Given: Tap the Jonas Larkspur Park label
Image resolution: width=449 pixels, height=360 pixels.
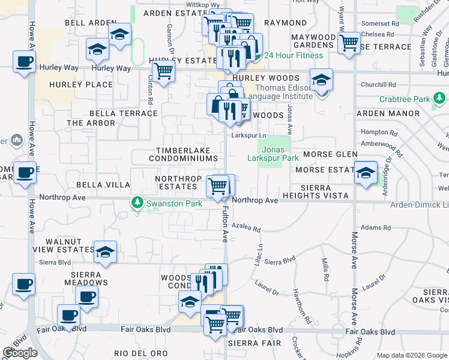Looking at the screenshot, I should coord(273,154).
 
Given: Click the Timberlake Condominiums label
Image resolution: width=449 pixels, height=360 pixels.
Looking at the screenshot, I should coord(186,154).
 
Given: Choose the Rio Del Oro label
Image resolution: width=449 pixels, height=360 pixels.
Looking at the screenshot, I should coord(140,353).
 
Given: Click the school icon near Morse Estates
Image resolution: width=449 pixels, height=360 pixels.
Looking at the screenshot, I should coord(366,173).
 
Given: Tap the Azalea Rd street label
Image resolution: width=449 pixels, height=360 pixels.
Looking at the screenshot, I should coord(247,229).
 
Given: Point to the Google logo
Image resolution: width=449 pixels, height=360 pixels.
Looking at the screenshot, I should coord(20,353).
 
